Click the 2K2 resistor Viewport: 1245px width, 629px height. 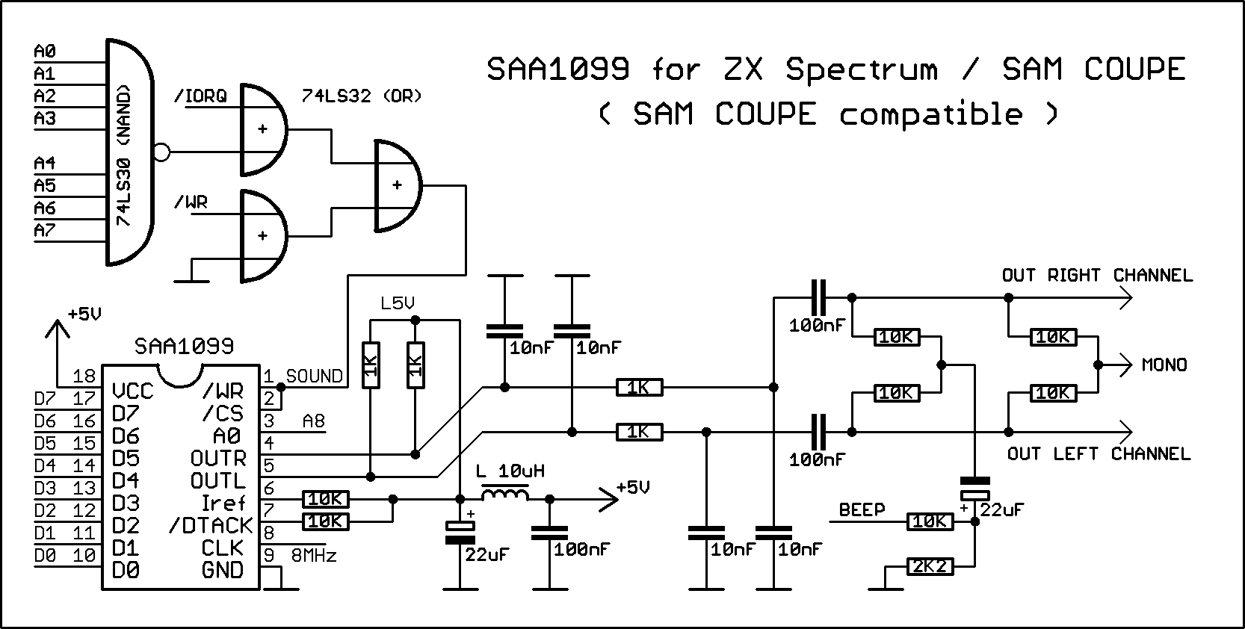coord(930,567)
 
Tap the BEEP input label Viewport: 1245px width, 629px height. coord(862,510)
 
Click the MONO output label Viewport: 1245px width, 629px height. coord(1164,365)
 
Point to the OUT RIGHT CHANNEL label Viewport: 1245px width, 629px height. coord(1097,276)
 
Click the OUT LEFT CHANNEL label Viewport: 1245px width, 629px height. coord(1099,454)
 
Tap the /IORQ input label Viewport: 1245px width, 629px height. coord(200,96)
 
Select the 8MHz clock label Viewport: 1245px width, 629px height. coord(313,556)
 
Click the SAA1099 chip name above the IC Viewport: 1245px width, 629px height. coord(184,347)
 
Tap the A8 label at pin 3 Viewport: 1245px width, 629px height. coord(314,422)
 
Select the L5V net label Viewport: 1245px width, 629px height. coord(397,304)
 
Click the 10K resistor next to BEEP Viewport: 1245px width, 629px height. coord(930,522)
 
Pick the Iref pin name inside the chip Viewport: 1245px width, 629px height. coord(223,503)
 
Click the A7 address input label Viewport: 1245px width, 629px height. coord(45,230)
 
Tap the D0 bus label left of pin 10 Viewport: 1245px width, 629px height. coord(45,556)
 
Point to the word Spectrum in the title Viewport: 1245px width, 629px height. coord(861,70)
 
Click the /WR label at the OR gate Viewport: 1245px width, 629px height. coord(191,202)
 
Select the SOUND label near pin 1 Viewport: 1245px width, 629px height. coord(315,377)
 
